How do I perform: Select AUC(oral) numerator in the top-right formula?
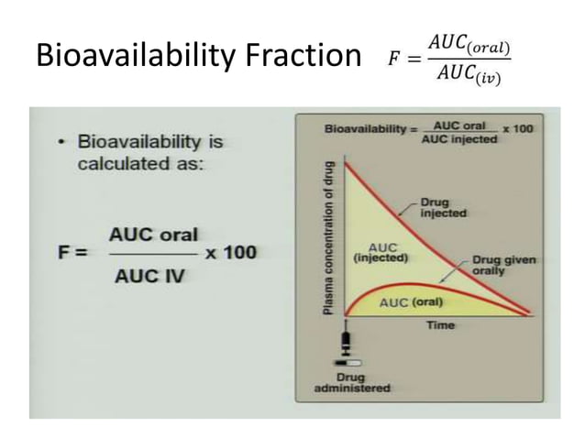pyautogui.click(x=469, y=41)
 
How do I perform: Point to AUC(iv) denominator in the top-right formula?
pyautogui.click(x=468, y=76)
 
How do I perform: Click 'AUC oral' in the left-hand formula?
pyautogui.click(x=152, y=235)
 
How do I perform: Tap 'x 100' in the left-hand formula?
pyautogui.click(x=230, y=252)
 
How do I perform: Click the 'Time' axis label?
pyautogui.click(x=440, y=325)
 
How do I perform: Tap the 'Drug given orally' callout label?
pyautogui.click(x=503, y=266)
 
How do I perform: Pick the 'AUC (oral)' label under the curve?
pyautogui.click(x=413, y=301)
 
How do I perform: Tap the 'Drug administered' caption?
pyautogui.click(x=351, y=382)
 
